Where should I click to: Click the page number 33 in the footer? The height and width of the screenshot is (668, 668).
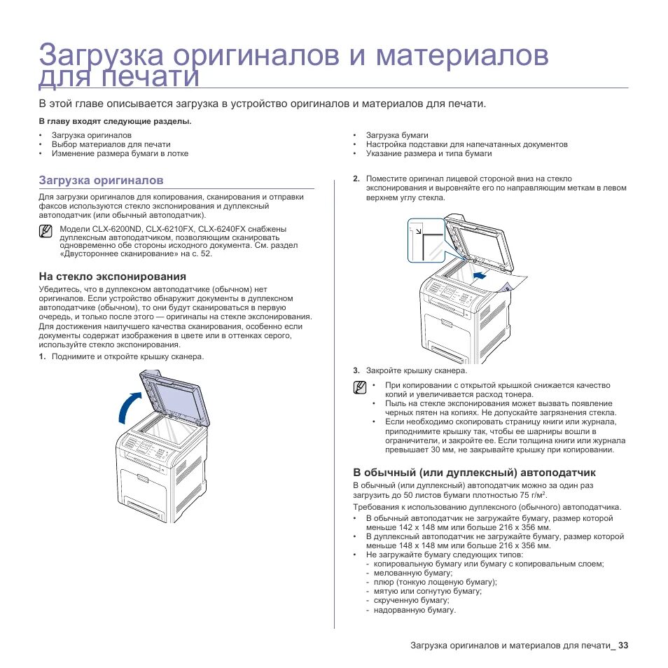(x=623, y=645)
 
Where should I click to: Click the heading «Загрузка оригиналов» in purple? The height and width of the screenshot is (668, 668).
(x=101, y=180)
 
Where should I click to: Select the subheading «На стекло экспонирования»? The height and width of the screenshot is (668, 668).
(x=112, y=277)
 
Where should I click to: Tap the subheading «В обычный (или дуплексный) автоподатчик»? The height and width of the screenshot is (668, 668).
(x=474, y=473)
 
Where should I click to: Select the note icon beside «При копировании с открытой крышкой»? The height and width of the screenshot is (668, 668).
(x=360, y=388)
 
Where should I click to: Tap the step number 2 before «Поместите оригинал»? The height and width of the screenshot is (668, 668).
(x=356, y=179)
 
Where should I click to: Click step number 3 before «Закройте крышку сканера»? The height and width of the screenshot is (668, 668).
(x=356, y=370)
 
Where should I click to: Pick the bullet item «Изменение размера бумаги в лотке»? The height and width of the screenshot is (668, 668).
(x=120, y=153)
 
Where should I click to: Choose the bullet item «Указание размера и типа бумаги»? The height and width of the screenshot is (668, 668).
(x=429, y=153)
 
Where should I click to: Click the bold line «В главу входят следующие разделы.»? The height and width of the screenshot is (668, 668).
(x=115, y=121)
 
